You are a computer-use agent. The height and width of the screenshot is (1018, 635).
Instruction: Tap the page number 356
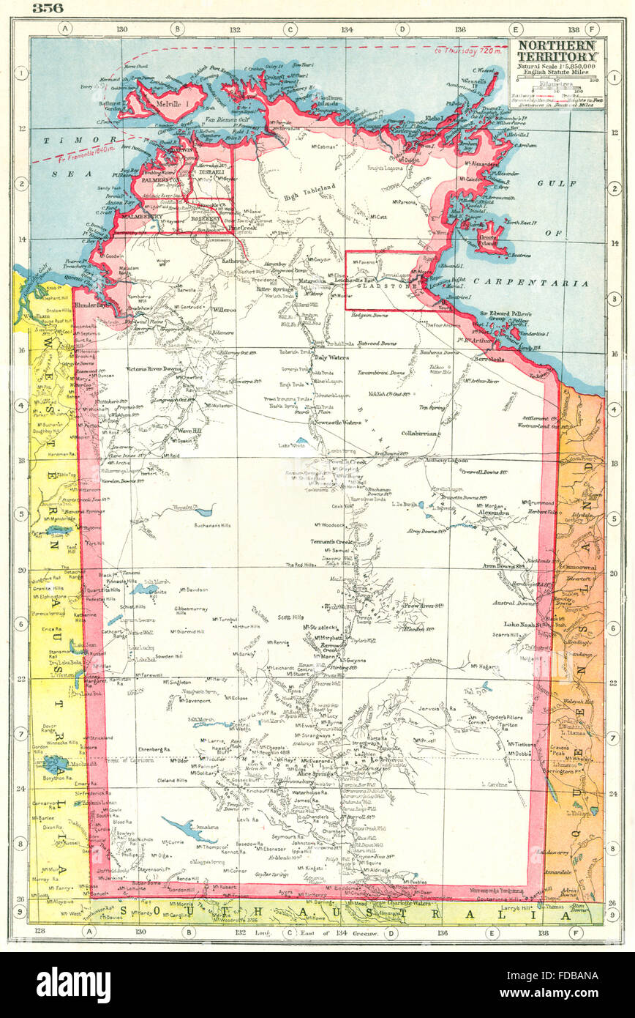tap(48, 8)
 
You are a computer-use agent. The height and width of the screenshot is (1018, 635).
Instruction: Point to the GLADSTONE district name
tap(377, 288)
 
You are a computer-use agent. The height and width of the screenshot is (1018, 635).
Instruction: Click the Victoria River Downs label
tap(153, 368)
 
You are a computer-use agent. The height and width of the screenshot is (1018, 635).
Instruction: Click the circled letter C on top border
tap(290, 29)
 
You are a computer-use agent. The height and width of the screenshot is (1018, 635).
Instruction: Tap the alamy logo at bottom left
tap(73, 985)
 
